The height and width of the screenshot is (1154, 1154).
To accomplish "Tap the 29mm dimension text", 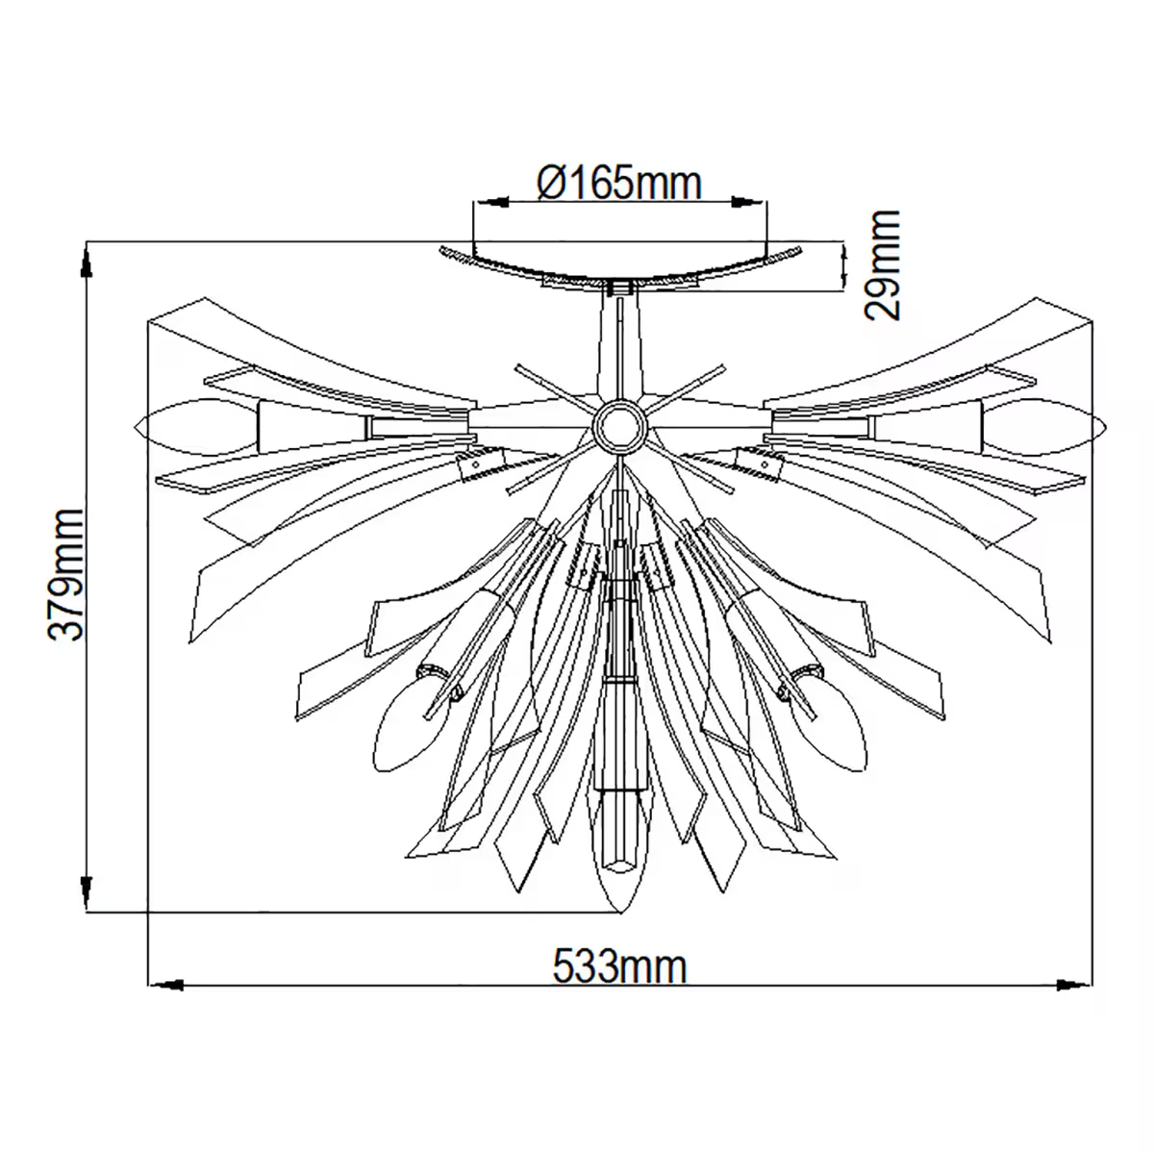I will pos(882,265).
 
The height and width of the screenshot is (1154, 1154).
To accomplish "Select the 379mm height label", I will pos(68,575).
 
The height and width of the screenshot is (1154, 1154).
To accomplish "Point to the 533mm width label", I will pos(620,966).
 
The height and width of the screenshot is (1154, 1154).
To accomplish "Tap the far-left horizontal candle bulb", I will pos(197,425).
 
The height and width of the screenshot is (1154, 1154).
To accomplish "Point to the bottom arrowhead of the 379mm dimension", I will pos(87,892).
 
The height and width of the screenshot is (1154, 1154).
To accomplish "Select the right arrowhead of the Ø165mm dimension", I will pos(748,203).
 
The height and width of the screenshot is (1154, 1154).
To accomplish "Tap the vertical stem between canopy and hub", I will pos(619,346).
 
